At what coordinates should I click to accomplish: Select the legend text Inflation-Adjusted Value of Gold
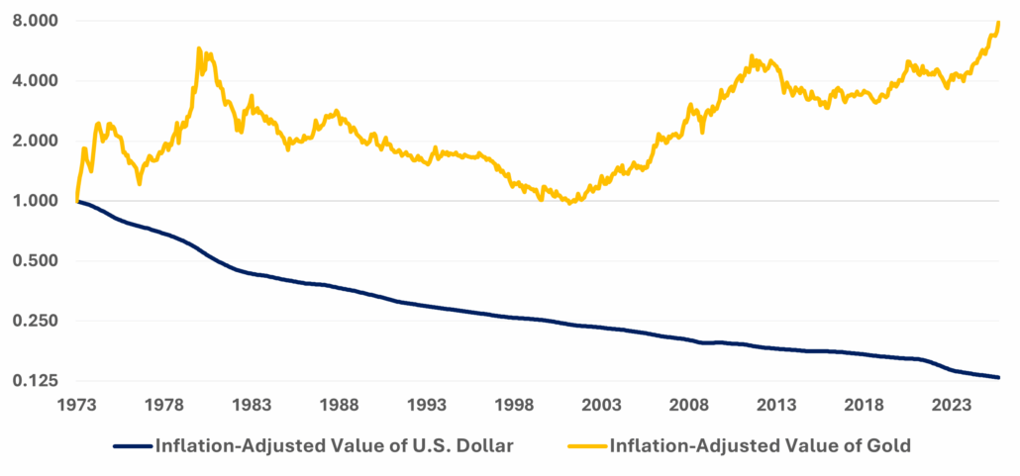[760, 446]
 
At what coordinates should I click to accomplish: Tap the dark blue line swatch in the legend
[133, 446]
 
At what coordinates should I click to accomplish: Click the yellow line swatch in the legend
[586, 446]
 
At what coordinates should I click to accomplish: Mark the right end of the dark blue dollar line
[998, 377]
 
